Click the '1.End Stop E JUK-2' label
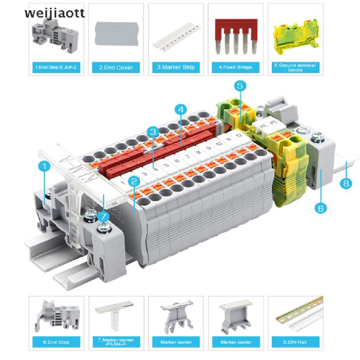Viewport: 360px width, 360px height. (x=56, y=67)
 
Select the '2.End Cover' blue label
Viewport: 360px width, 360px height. (x=116, y=67)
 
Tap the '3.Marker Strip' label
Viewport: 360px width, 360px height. (x=176, y=67)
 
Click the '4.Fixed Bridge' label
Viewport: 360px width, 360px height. (x=236, y=67)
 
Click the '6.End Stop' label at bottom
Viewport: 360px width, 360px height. (x=56, y=342)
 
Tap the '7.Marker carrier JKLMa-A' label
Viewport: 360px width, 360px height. (x=116, y=342)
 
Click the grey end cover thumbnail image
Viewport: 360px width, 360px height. (x=116, y=34)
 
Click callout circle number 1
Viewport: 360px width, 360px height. (x=44, y=167)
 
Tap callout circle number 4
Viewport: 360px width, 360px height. (x=181, y=110)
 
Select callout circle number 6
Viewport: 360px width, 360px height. (x=320, y=208)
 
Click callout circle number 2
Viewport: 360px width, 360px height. (x=134, y=181)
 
